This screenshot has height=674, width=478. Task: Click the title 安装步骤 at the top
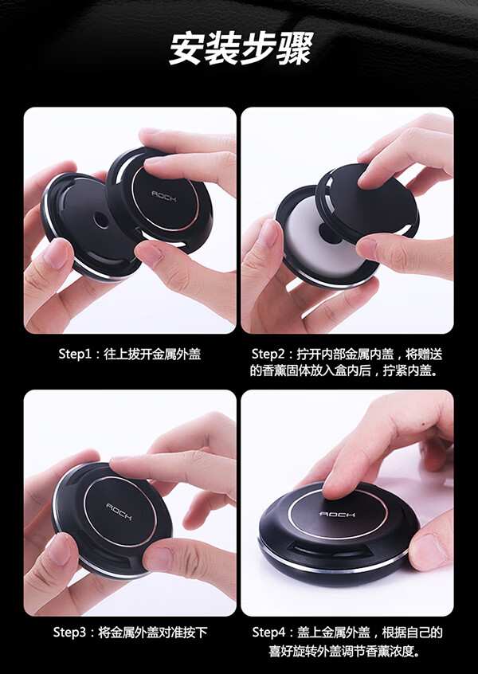click(239, 48)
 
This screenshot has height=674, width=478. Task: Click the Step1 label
click(75, 355)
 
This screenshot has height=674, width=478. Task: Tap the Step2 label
click(268, 355)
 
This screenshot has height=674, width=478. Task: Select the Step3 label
click(70, 633)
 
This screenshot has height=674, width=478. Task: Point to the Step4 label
click(268, 633)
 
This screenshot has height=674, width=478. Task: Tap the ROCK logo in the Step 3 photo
click(119, 511)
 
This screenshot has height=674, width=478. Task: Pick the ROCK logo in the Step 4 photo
click(338, 514)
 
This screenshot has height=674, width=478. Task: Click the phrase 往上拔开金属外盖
click(152, 355)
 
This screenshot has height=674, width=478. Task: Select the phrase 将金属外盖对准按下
click(153, 633)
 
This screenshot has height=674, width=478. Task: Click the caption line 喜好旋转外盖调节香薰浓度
click(345, 652)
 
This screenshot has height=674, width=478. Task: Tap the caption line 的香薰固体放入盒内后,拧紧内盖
click(345, 370)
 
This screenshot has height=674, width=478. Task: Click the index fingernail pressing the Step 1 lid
click(154, 161)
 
